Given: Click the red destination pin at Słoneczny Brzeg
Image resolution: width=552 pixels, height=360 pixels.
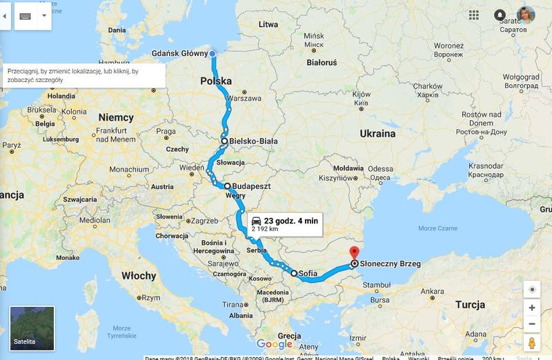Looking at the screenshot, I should (x=354, y=253).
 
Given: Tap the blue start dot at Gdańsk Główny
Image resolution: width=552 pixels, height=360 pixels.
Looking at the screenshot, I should (x=213, y=53).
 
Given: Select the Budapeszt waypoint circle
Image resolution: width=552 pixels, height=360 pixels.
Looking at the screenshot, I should (x=227, y=186).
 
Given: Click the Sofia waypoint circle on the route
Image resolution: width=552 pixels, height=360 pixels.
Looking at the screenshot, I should (x=294, y=274).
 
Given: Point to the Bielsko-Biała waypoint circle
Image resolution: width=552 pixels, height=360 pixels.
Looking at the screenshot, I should (x=224, y=141).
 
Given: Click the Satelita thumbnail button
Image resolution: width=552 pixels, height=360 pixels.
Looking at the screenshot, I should (x=32, y=329).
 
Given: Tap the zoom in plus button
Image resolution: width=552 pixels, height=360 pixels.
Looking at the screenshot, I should (x=531, y=308).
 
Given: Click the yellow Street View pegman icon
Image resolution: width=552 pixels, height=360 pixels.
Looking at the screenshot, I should (x=531, y=343).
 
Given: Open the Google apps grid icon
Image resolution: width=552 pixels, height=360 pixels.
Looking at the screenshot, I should (x=474, y=14).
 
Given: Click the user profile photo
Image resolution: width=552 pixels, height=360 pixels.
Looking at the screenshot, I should (x=526, y=15).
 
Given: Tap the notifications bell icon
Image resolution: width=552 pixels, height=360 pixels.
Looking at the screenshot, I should (x=500, y=14).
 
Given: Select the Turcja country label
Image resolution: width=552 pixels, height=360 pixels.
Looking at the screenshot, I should (x=469, y=305).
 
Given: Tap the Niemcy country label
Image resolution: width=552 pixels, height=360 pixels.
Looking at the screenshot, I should (x=115, y=117).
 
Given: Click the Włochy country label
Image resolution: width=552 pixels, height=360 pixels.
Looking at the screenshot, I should (x=139, y=276).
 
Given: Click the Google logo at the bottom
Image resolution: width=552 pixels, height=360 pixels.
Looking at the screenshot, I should (x=275, y=344).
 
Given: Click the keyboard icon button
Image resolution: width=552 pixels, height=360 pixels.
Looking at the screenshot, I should (x=26, y=15).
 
